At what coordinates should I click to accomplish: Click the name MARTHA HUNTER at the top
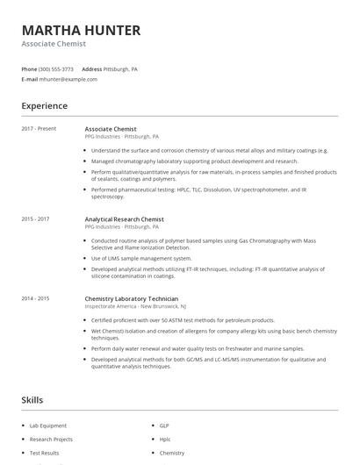[81, 31]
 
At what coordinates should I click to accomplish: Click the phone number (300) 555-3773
[56, 68]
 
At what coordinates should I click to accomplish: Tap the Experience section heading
[45, 106]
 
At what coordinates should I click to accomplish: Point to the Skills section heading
[32, 400]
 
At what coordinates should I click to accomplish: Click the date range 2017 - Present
[39, 129]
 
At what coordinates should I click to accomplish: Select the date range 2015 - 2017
[35, 218]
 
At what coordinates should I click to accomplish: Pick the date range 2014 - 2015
[35, 298]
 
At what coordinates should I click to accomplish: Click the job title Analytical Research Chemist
[124, 218]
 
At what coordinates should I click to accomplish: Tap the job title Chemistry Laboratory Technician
[131, 298]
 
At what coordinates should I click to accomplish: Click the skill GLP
[164, 426]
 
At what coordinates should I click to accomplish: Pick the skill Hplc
[165, 439]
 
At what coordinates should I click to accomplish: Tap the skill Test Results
[44, 453]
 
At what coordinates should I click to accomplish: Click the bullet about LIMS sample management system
[140, 258]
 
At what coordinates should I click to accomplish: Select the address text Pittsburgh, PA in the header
[121, 68]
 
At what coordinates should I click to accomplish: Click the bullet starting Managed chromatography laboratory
[194, 161]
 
